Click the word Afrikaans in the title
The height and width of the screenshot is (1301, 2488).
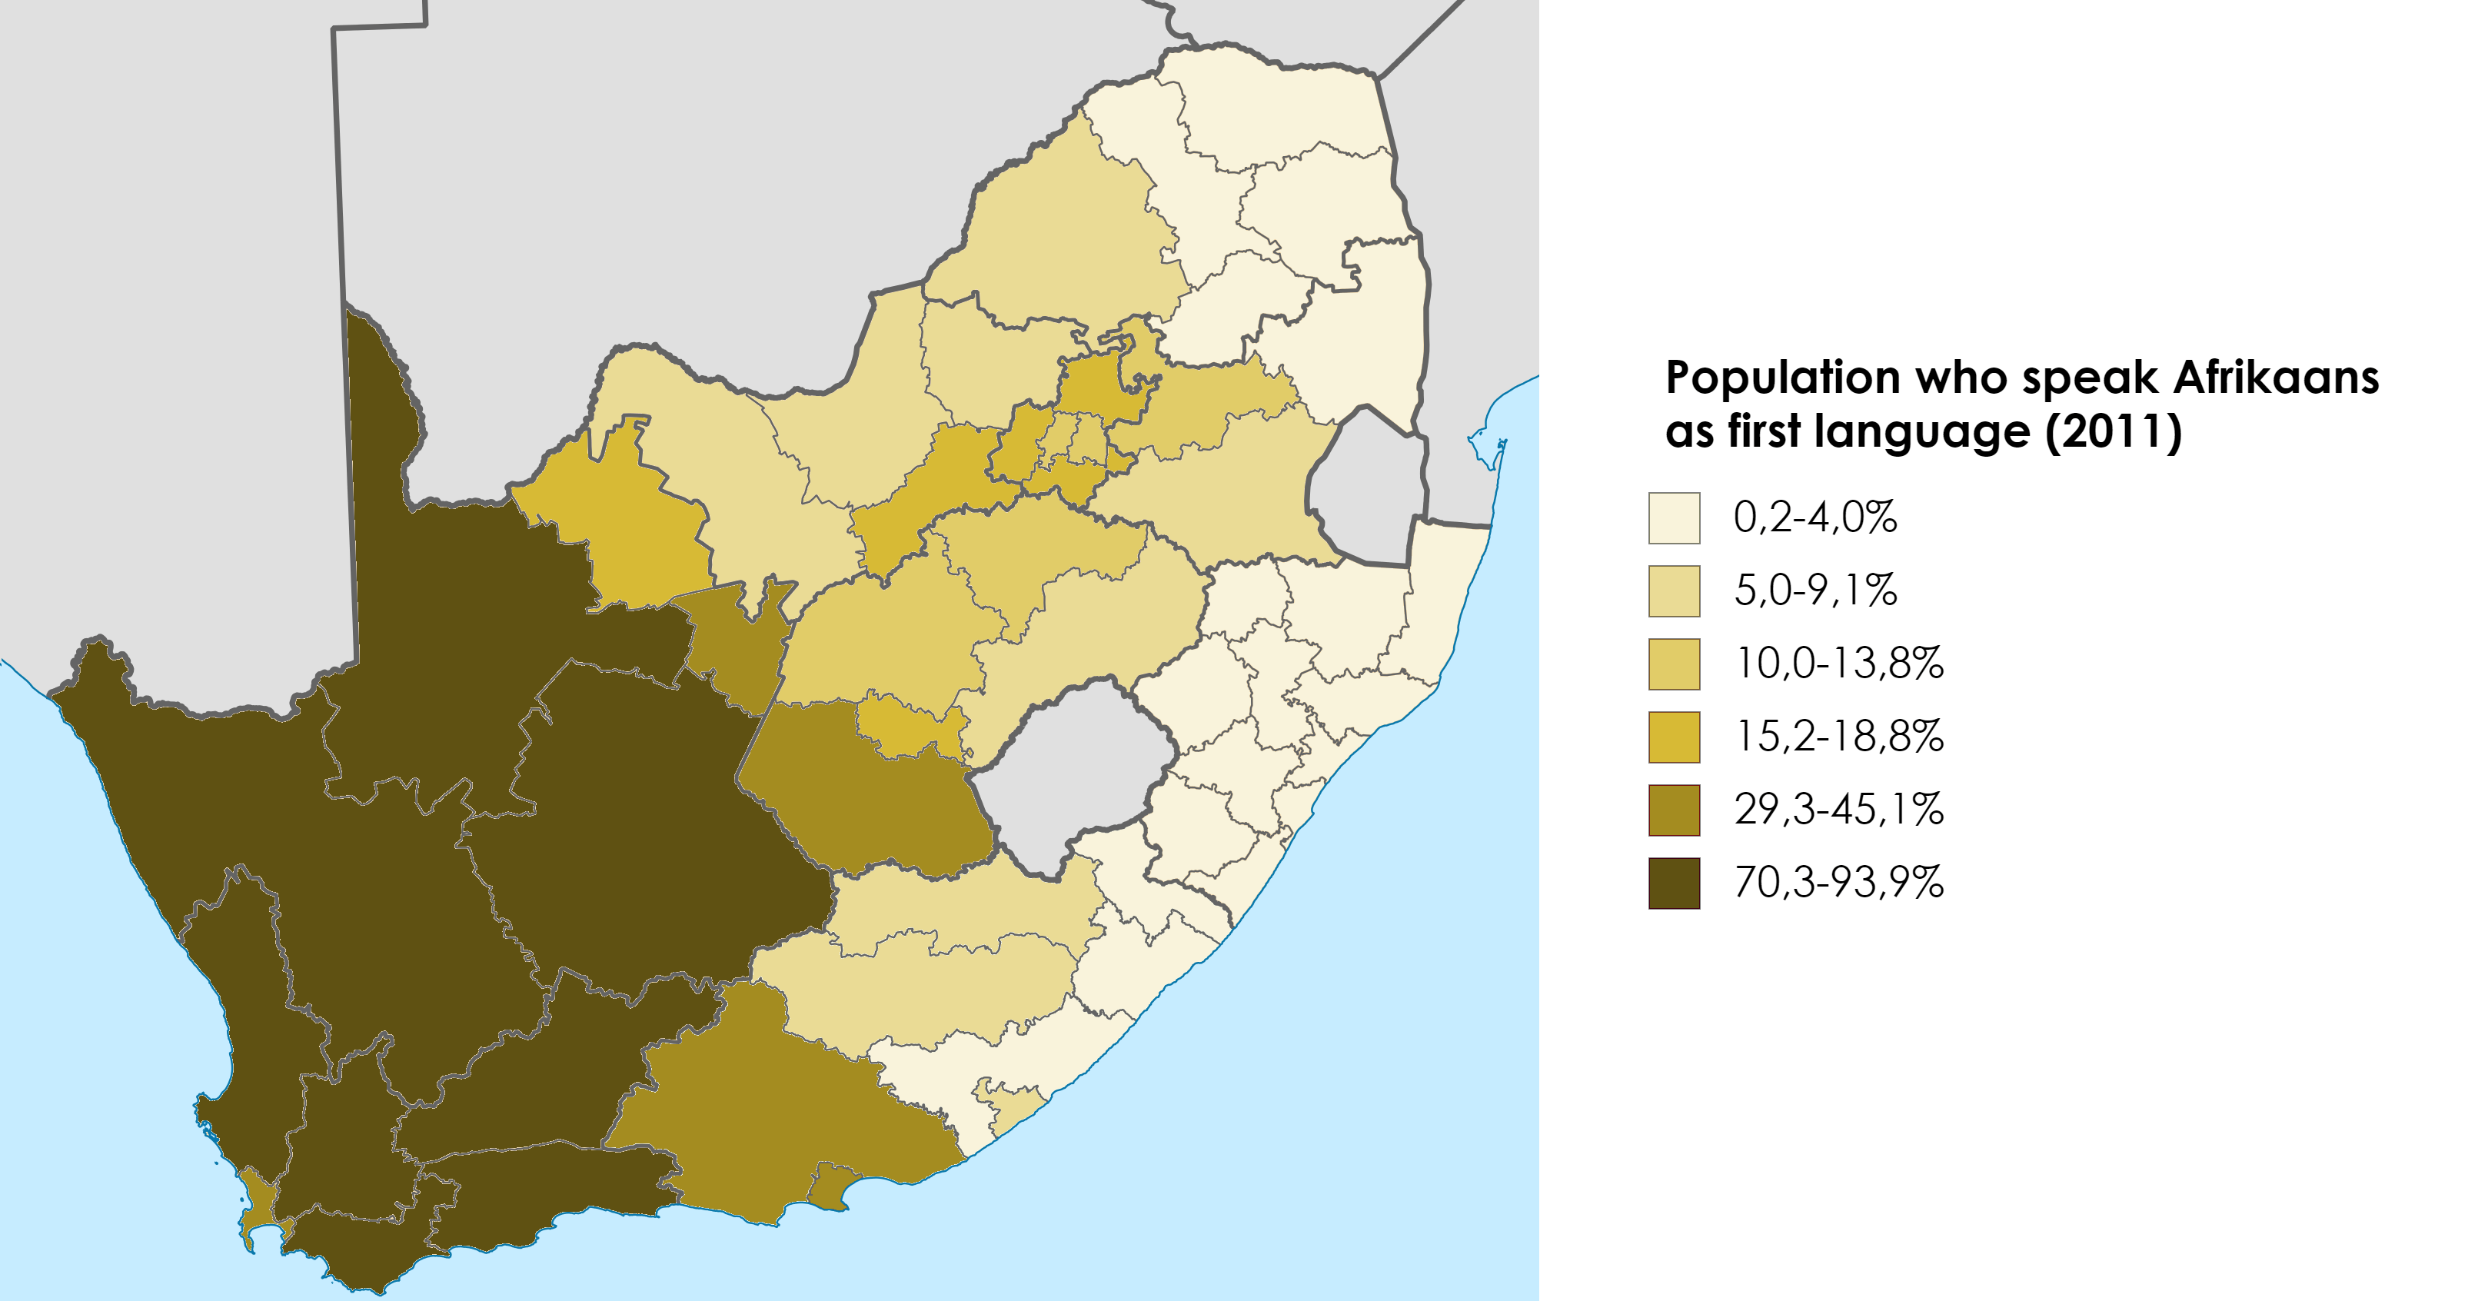(x=2276, y=378)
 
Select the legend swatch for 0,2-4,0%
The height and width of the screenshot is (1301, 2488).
(x=1674, y=517)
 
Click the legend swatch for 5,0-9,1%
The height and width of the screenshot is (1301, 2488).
(x=1674, y=591)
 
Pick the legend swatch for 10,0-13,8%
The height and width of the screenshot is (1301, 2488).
(x=1674, y=664)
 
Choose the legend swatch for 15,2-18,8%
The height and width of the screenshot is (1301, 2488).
(x=1674, y=737)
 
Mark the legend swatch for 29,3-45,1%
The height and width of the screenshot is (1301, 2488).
(x=1674, y=810)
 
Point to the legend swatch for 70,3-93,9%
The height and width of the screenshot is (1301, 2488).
(x=1674, y=883)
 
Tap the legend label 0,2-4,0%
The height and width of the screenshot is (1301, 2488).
(x=1814, y=517)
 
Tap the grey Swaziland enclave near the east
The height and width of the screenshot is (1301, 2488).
(x=1367, y=487)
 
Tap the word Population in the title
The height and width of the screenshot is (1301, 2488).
(x=1782, y=378)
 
